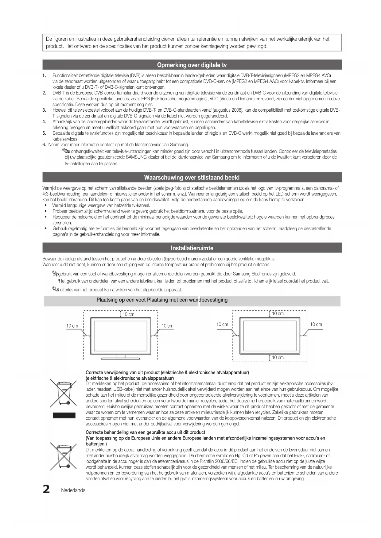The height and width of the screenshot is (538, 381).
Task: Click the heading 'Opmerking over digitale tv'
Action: click(192, 65)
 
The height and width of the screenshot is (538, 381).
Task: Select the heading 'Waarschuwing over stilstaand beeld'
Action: click(192, 178)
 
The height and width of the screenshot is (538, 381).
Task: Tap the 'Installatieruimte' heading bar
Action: click(192, 248)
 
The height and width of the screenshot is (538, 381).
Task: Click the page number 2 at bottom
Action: click(46, 490)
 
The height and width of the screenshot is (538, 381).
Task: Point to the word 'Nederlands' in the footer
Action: click(73, 490)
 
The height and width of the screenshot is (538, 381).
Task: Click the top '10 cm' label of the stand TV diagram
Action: click(128, 314)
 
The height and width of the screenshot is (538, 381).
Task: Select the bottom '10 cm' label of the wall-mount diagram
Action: click(278, 357)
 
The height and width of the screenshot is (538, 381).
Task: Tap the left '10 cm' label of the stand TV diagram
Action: click(72, 326)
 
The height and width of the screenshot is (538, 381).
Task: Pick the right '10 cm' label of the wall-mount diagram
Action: click(316, 324)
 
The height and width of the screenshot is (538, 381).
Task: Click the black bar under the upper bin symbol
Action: click(64, 415)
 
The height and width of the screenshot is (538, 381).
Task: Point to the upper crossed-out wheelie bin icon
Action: click(64, 393)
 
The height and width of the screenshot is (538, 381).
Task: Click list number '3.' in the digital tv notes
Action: click(44, 110)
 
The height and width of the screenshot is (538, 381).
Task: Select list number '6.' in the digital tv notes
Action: click(44, 145)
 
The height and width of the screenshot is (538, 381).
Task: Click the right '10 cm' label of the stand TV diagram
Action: click(167, 326)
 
